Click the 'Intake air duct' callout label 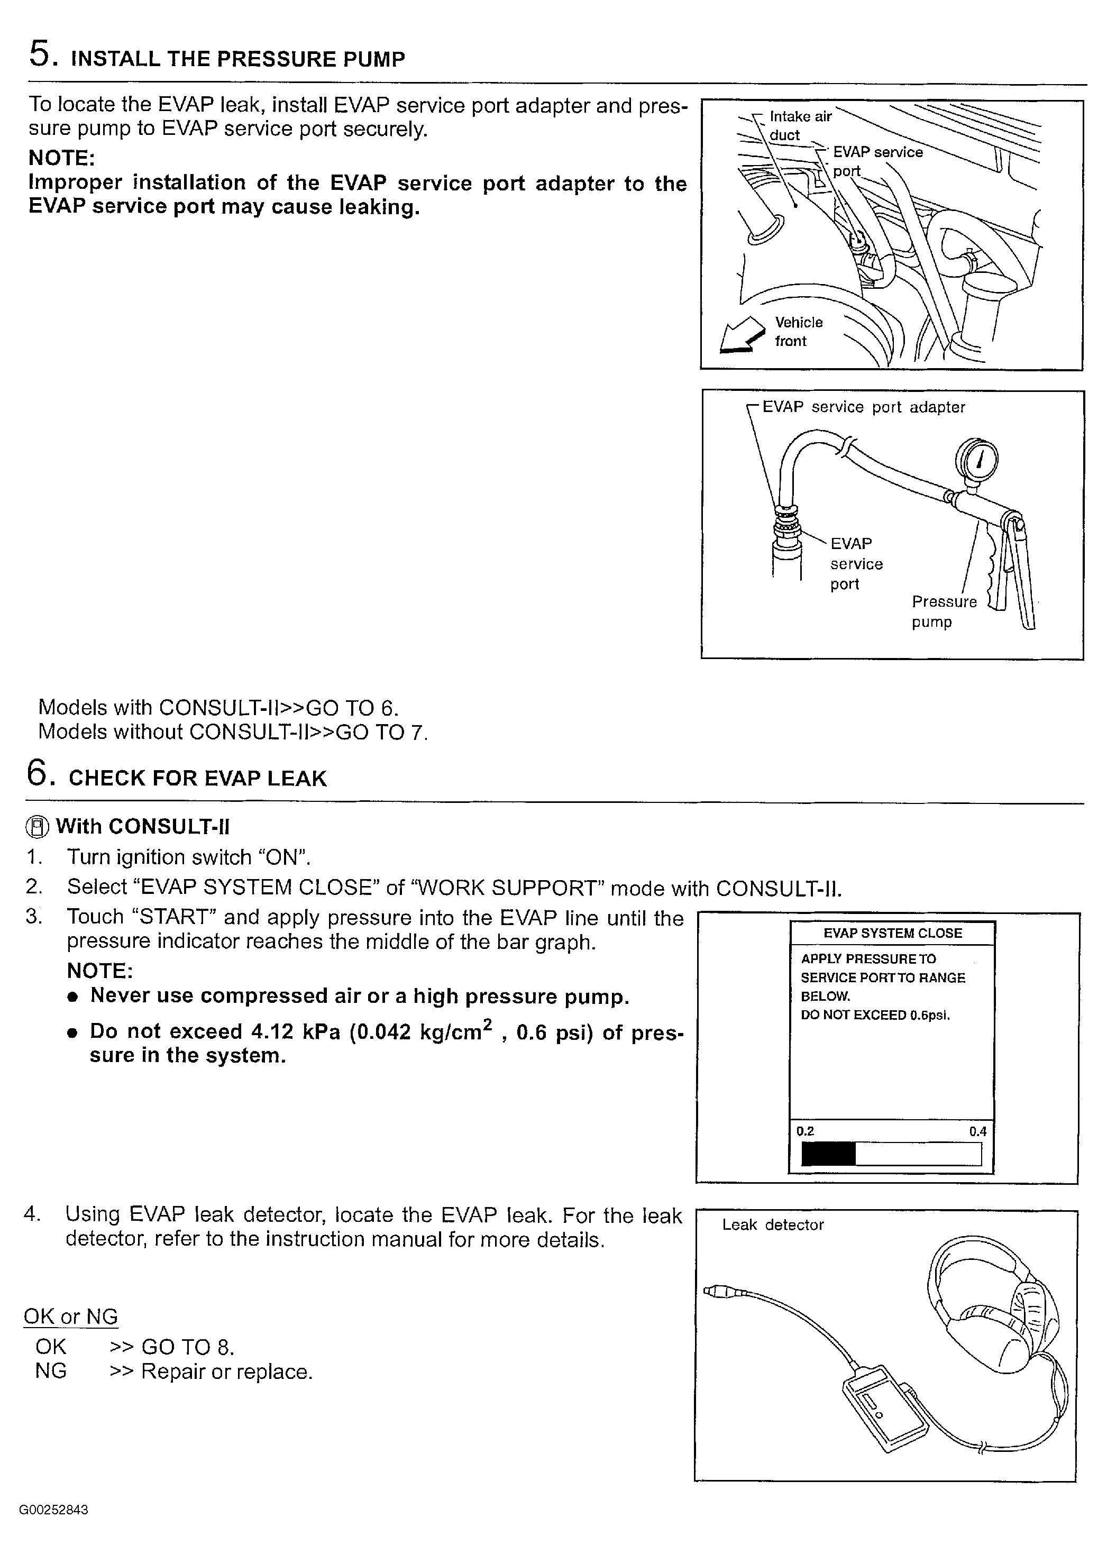800,125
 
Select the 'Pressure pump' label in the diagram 944,611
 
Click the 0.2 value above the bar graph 805,1131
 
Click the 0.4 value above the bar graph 977,1131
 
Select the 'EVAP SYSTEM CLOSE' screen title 892,933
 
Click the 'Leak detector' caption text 773,1225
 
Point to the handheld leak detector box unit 885,1408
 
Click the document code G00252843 54,1510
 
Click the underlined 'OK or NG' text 71,1316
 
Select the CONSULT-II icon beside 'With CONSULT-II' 38,827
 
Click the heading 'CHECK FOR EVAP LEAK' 198,779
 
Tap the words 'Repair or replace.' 227,1372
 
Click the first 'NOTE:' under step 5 61,158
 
